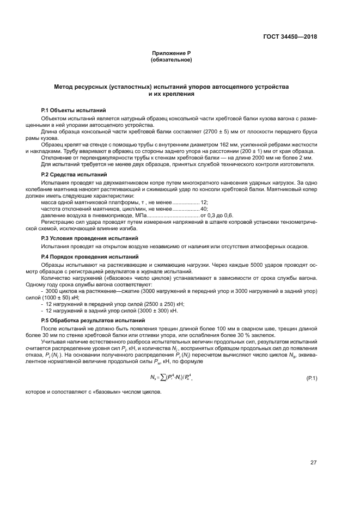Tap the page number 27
coord(314,463)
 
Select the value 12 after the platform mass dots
coord(204,202)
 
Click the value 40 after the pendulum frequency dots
coord(204,208)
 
